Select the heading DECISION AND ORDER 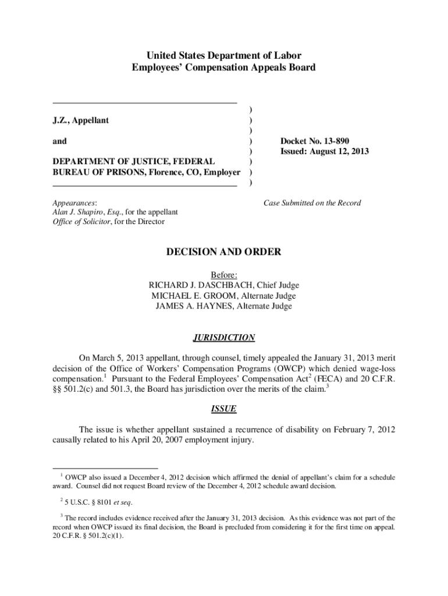(x=224, y=252)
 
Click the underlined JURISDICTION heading (x=224, y=338)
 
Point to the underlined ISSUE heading (x=224, y=409)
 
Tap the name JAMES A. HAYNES (x=190, y=306)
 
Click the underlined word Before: (x=224, y=275)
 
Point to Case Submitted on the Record (x=312, y=203)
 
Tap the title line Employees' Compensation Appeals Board (x=224, y=68)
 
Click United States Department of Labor (x=224, y=56)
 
